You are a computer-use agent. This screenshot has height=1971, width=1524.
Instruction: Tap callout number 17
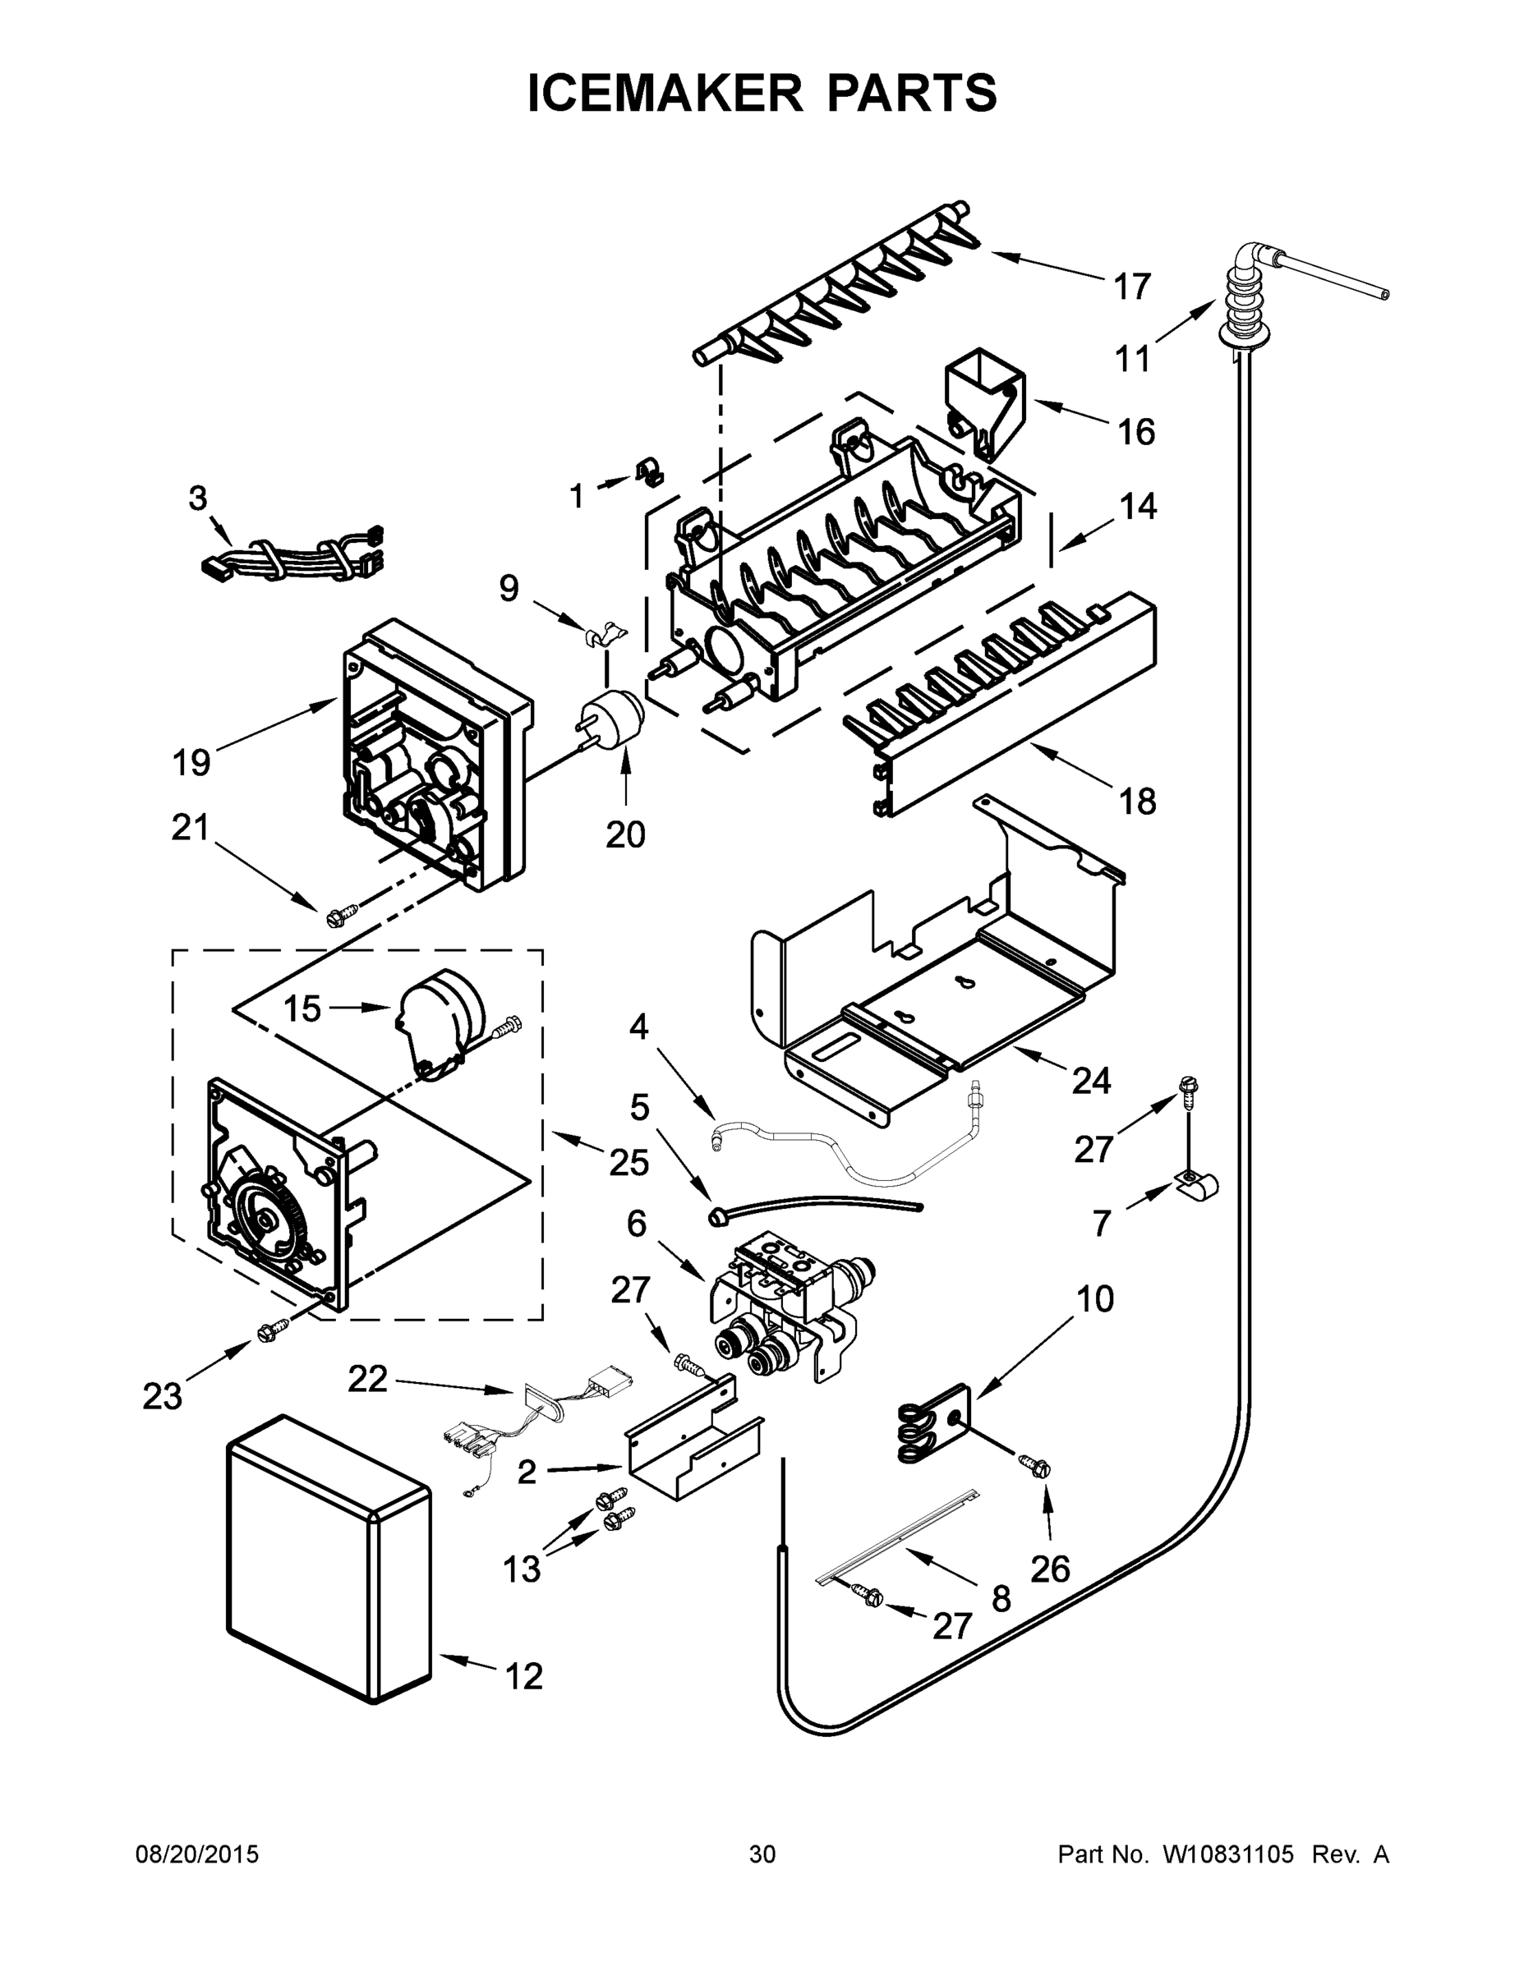[x=1131, y=287]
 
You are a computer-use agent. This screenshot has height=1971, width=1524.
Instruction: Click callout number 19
[x=191, y=763]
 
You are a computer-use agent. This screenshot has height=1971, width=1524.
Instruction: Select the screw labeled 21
[x=336, y=917]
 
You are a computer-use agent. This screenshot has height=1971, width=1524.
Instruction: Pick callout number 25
[x=628, y=1162]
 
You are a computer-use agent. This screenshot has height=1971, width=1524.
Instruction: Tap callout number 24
[x=1091, y=1080]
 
